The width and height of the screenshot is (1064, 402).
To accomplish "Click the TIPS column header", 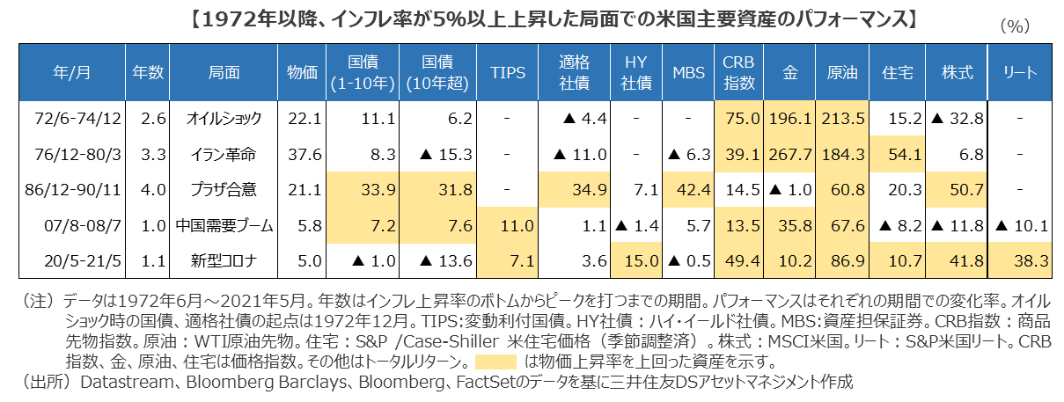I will pyautogui.click(x=506, y=73).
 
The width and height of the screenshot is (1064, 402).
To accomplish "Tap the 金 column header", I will pyautogui.click(x=789, y=73).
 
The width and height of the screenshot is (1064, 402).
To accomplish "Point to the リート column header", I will pyautogui.click(x=1020, y=73).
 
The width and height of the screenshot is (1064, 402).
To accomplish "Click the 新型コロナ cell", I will pyautogui.click(x=222, y=261).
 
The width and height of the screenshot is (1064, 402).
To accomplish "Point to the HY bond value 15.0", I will pyautogui.click(x=636, y=261).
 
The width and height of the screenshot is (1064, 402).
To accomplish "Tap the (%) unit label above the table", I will pyautogui.click(x=1015, y=27).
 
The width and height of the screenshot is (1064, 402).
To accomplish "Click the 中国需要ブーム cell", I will pyautogui.click(x=222, y=226).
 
